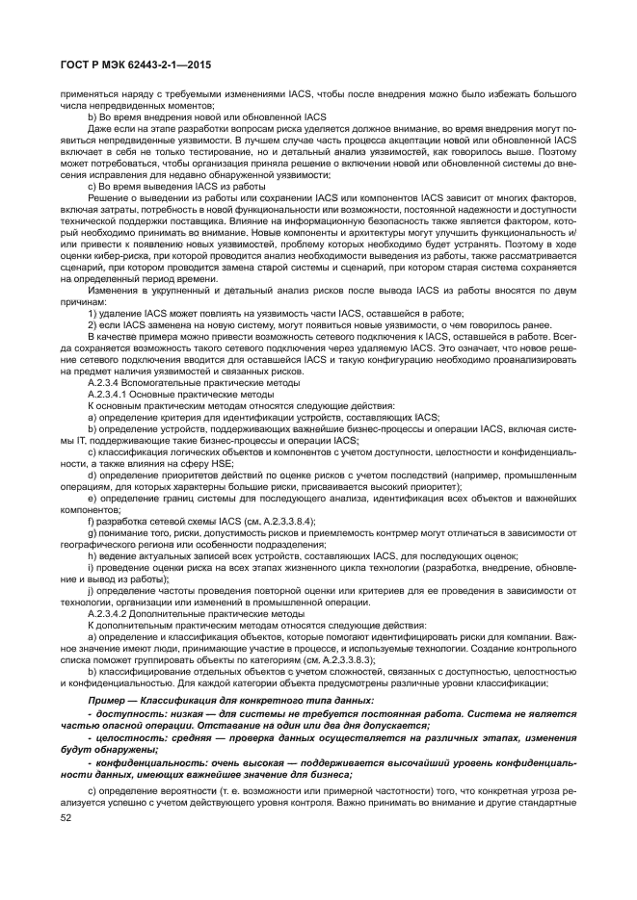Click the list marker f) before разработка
pos(92,518)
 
